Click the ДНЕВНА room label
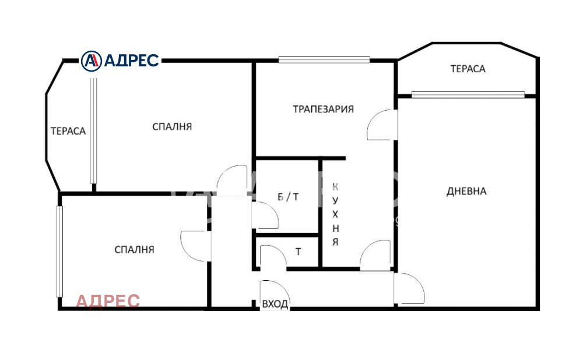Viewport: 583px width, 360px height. (x=466, y=191)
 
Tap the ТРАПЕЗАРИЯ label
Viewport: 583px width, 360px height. (x=323, y=109)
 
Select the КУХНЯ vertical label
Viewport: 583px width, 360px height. (x=335, y=214)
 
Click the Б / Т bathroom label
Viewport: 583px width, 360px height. (x=288, y=196)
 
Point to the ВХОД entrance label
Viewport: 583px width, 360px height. (x=275, y=304)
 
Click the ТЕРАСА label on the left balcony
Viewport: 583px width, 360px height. (x=68, y=130)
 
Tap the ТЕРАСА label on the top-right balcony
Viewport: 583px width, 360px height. (x=468, y=69)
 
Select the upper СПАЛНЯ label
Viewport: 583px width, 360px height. (x=172, y=126)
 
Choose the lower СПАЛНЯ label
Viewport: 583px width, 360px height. (x=134, y=249)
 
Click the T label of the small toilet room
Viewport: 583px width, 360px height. (x=298, y=252)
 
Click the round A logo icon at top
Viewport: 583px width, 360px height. (x=91, y=61)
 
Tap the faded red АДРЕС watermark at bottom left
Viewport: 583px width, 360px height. (x=108, y=301)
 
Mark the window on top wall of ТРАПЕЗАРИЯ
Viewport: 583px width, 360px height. (x=324, y=59)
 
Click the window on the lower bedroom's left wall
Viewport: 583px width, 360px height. (x=59, y=252)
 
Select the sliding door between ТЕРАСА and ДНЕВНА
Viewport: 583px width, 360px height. (x=468, y=94)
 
